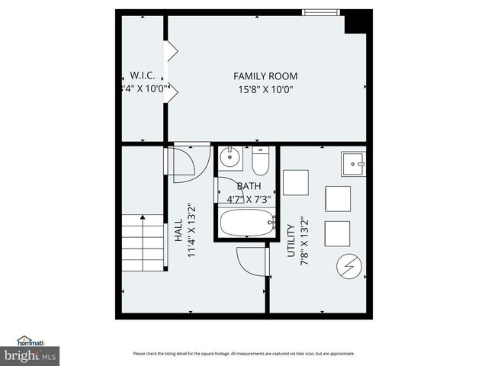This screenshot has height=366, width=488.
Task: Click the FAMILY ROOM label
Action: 265,76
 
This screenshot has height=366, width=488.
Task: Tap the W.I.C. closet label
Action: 143,76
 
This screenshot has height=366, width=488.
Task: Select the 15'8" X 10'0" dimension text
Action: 265,89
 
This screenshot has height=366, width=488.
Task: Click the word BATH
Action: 249,186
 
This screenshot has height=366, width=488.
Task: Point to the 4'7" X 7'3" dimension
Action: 249,199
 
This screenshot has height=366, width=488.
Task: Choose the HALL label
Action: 177,232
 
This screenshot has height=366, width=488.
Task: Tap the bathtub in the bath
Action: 247,223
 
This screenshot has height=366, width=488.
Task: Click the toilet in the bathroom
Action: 261,161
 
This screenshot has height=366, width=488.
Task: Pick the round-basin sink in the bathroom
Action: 230,159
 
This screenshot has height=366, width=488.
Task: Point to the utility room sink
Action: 353,164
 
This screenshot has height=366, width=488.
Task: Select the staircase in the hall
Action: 143,243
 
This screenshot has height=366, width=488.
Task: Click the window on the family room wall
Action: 321,12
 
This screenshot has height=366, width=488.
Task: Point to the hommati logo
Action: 32,341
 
